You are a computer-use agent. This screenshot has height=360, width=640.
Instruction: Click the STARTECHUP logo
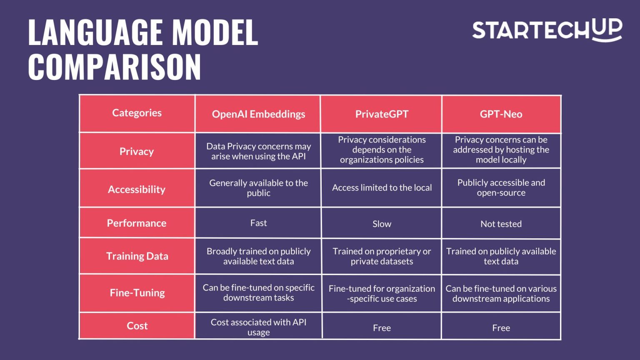click(x=547, y=30)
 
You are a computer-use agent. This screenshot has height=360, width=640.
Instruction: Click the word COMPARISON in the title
click(x=115, y=67)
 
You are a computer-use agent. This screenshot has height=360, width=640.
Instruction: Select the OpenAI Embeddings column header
click(x=258, y=114)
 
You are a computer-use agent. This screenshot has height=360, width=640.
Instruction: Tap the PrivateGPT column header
click(x=382, y=114)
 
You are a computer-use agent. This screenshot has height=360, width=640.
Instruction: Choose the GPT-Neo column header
click(x=501, y=114)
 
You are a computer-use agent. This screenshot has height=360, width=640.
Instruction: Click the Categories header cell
click(x=137, y=113)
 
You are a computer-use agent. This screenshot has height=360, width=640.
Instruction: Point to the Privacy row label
click(x=137, y=151)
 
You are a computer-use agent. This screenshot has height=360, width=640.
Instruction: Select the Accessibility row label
click(x=137, y=190)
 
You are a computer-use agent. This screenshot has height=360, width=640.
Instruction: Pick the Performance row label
click(x=137, y=223)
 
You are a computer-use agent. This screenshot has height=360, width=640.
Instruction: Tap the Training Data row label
click(x=137, y=256)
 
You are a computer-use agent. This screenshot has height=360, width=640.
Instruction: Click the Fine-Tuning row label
click(x=137, y=293)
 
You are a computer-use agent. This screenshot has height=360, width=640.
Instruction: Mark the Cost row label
click(x=137, y=326)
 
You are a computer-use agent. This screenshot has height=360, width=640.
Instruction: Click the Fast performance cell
click(x=258, y=223)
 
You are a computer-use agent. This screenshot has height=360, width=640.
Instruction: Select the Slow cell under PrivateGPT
click(x=382, y=224)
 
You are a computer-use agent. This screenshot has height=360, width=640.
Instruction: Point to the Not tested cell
click(x=501, y=224)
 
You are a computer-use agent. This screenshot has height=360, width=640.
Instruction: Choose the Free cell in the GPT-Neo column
click(x=501, y=328)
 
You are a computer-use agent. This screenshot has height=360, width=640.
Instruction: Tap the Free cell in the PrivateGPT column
click(x=382, y=328)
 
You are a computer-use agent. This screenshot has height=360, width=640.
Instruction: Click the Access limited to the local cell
click(x=382, y=188)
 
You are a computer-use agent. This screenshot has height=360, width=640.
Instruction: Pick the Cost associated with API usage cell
click(x=258, y=327)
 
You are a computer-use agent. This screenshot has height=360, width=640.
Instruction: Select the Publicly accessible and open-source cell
click(x=501, y=187)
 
